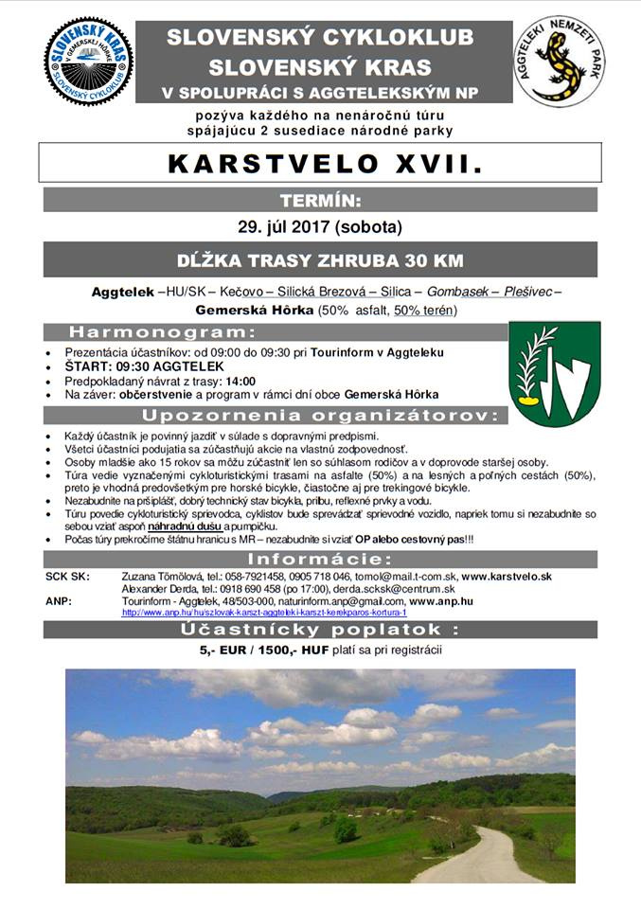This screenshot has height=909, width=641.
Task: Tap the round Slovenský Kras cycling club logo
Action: (x=88, y=61)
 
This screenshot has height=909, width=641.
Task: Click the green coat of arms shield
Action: (x=555, y=373)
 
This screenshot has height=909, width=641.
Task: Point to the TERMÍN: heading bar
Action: (x=319, y=200)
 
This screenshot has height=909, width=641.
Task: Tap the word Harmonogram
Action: (x=162, y=332)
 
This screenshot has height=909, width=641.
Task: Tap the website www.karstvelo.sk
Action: (x=507, y=576)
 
